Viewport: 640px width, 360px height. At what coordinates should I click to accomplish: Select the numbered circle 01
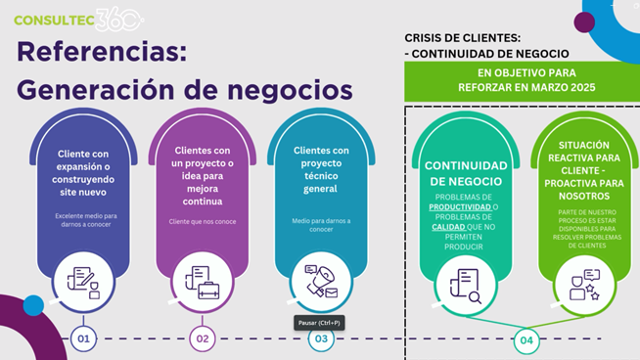[x=83, y=339]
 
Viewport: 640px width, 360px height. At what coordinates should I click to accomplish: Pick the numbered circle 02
[x=203, y=339]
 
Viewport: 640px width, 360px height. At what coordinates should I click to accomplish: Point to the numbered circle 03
[x=321, y=339]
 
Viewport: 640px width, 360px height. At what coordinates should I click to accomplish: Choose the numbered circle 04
[x=527, y=340]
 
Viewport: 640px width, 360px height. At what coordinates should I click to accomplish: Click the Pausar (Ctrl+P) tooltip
[x=319, y=323]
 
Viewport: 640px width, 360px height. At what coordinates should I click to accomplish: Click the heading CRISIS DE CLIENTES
[x=469, y=38]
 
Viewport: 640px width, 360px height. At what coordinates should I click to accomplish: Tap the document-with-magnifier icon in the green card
[x=466, y=283]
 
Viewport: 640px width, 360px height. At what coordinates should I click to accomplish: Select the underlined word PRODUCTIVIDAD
[x=458, y=206]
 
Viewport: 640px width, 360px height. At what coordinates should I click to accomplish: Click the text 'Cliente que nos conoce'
[x=202, y=222]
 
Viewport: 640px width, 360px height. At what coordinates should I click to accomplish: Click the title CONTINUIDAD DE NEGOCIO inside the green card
[x=466, y=173]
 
